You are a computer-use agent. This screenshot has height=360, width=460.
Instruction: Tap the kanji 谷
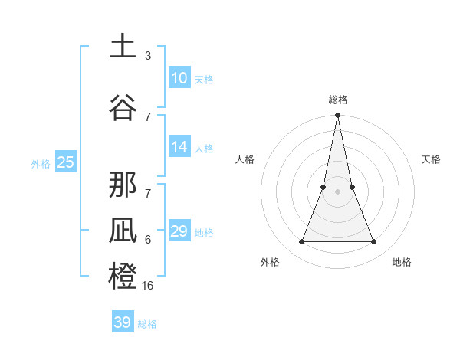[123, 106]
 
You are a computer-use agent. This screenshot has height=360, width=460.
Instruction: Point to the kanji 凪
[123, 231]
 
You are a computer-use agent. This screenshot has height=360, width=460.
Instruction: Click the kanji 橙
[123, 276]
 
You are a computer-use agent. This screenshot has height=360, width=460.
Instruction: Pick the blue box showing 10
[179, 78]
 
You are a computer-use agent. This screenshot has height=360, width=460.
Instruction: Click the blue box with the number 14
[179, 147]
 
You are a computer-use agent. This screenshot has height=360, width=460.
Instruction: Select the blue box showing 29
[179, 231]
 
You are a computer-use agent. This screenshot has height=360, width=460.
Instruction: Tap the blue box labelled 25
[65, 162]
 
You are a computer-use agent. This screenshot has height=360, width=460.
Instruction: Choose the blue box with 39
[123, 322]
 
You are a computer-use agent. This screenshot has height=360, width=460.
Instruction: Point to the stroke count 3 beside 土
[147, 56]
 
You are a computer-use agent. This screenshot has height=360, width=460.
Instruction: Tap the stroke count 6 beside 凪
[147, 240]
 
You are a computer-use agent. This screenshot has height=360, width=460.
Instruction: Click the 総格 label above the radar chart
[338, 100]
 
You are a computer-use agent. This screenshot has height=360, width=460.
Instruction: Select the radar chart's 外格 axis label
[270, 262]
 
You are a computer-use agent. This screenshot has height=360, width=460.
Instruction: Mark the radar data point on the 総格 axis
[337, 116]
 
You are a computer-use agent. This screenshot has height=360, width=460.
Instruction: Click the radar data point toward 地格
[374, 242]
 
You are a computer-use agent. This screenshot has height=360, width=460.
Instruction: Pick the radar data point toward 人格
[323, 187]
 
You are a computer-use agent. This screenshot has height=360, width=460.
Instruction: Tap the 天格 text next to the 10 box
[204, 80]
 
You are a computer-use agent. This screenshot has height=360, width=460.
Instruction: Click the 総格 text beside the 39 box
[147, 324]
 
